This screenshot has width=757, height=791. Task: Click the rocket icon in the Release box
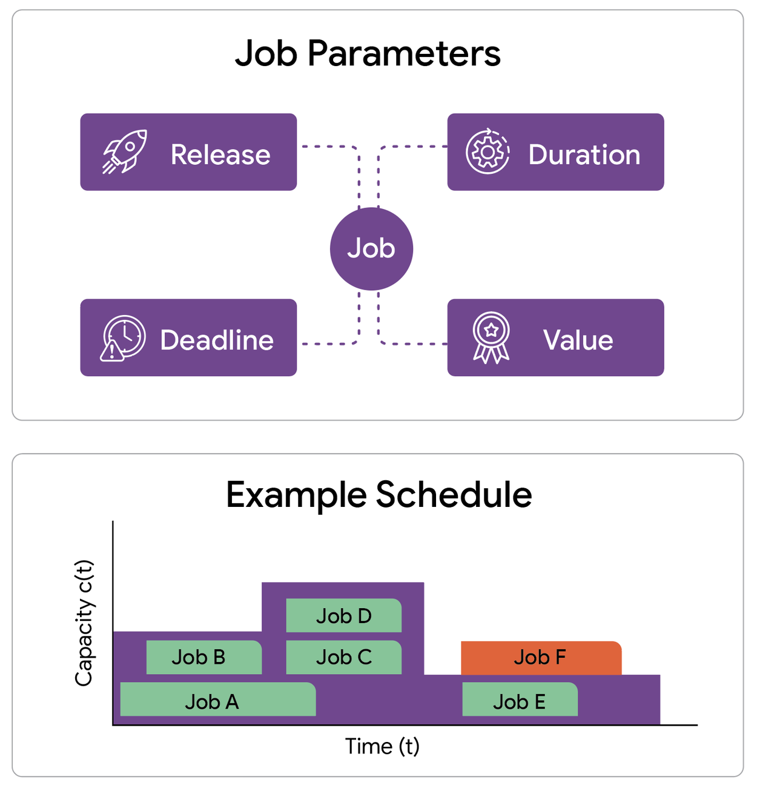pyautogui.click(x=125, y=151)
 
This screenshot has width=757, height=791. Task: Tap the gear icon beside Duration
pyautogui.click(x=488, y=151)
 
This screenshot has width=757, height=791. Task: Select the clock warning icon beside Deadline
pyautogui.click(x=123, y=339)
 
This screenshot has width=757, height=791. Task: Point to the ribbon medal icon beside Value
pyautogui.click(x=491, y=337)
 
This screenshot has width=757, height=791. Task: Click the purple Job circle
pyautogui.click(x=371, y=248)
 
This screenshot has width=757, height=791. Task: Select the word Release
pyautogui.click(x=220, y=154)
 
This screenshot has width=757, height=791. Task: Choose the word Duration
pyautogui.click(x=584, y=154)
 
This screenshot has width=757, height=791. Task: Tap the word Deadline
pyautogui.click(x=217, y=340)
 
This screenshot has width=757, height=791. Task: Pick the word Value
pyautogui.click(x=578, y=340)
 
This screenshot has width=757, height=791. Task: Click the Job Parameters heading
pyautogui.click(x=368, y=53)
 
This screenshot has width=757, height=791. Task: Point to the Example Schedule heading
pyautogui.click(x=378, y=495)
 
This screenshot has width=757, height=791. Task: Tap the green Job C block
pyautogui.click(x=343, y=657)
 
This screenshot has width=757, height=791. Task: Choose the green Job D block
pyautogui.click(x=343, y=615)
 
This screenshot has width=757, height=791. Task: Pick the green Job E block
pyautogui.click(x=520, y=700)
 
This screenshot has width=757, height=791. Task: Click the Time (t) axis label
pyautogui.click(x=382, y=746)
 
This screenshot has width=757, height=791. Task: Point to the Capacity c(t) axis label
pyautogui.click(x=84, y=623)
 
